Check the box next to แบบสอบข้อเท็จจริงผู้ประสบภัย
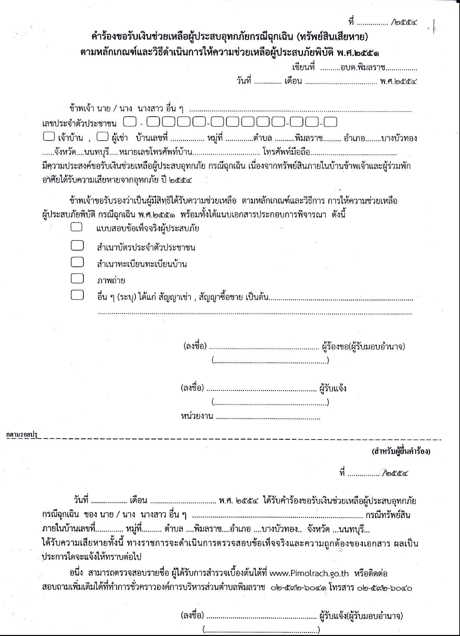point(77,227)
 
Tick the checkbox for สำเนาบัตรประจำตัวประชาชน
point(77,245)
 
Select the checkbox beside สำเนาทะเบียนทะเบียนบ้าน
point(77,262)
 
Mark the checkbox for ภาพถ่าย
point(77,278)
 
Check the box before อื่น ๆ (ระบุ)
point(77,295)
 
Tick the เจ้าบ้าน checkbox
point(49,137)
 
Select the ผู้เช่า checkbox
point(102,137)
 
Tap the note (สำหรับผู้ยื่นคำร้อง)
point(401,451)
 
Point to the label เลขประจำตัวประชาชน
point(79,123)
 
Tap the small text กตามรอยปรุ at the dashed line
point(22,434)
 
